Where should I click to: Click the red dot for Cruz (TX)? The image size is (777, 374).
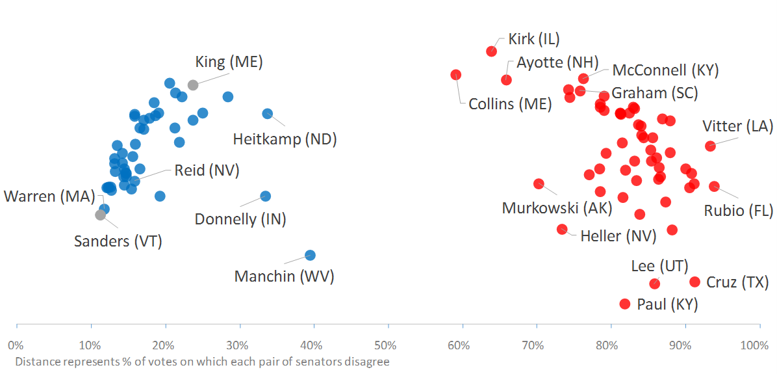[x=694, y=282]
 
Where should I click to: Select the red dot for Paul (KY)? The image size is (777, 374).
[x=625, y=304]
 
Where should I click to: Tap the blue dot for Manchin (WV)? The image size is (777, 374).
[x=310, y=256]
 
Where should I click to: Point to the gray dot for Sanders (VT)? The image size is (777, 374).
[x=100, y=215]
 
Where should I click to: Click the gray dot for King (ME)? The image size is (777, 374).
[x=193, y=85]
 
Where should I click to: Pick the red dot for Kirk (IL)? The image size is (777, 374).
[x=491, y=51]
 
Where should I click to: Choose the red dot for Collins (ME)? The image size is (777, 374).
[x=455, y=75]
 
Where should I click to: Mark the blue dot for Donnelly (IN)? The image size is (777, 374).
[x=265, y=196]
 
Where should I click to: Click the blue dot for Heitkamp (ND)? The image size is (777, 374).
[x=267, y=113]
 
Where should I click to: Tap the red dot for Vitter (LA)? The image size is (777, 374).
[x=710, y=146]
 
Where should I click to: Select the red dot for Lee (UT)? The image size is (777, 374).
[x=654, y=284]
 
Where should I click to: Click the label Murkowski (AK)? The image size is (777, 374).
[x=557, y=208]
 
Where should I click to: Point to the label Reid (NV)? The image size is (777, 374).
[x=207, y=171]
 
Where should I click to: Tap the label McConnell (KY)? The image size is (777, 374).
[x=665, y=70]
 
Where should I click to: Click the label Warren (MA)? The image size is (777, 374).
[x=49, y=196]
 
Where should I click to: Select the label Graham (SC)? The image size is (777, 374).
[x=654, y=93]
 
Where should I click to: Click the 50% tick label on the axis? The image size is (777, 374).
[x=386, y=344]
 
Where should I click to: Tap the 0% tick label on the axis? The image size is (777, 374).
[x=16, y=344]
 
